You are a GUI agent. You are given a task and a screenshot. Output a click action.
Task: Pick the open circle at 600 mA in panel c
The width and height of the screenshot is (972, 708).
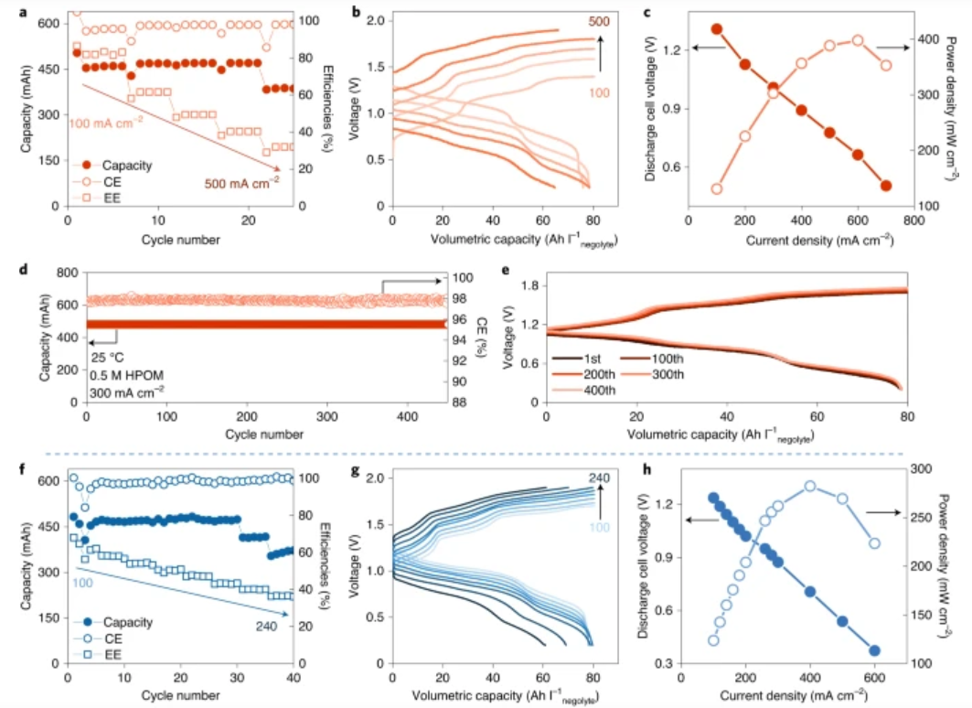[858, 40]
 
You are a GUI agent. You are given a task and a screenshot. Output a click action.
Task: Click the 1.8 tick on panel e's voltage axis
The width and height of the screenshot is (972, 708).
[528, 286]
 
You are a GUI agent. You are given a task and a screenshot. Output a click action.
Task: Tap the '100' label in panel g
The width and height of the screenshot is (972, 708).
[599, 530]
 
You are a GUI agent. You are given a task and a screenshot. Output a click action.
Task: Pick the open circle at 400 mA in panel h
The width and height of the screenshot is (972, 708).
[810, 486]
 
